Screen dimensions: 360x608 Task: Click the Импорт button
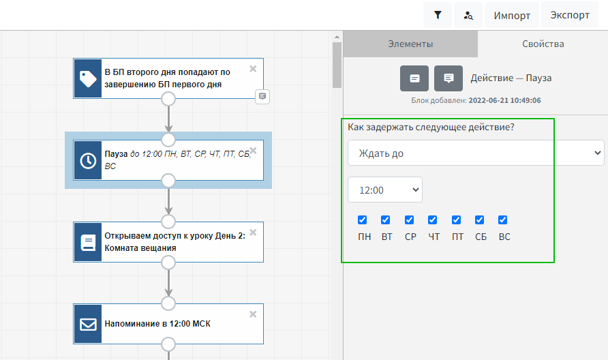click(x=512, y=15)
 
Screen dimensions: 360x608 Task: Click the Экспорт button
click(x=570, y=15)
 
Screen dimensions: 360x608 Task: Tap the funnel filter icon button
click(x=438, y=15)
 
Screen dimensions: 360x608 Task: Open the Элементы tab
click(x=410, y=44)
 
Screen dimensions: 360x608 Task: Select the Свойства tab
click(x=543, y=44)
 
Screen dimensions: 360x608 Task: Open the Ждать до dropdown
click(x=476, y=153)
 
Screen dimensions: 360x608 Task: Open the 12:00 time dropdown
click(x=385, y=190)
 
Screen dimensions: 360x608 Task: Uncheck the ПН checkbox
click(x=363, y=220)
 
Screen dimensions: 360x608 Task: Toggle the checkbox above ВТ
click(x=386, y=220)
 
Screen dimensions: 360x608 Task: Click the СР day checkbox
click(x=410, y=220)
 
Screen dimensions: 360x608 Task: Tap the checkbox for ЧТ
click(x=433, y=220)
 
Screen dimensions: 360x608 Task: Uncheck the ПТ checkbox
click(x=457, y=220)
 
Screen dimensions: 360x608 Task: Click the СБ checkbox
click(x=480, y=220)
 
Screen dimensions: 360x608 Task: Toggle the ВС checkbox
click(x=503, y=220)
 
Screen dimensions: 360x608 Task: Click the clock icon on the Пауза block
click(x=88, y=160)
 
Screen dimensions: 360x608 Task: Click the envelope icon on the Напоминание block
click(x=88, y=324)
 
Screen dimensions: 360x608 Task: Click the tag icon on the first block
click(x=88, y=78)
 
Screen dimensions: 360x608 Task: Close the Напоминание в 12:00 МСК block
click(x=253, y=314)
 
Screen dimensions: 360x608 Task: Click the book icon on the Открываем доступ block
click(x=88, y=242)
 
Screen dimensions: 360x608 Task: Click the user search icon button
click(x=468, y=15)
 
